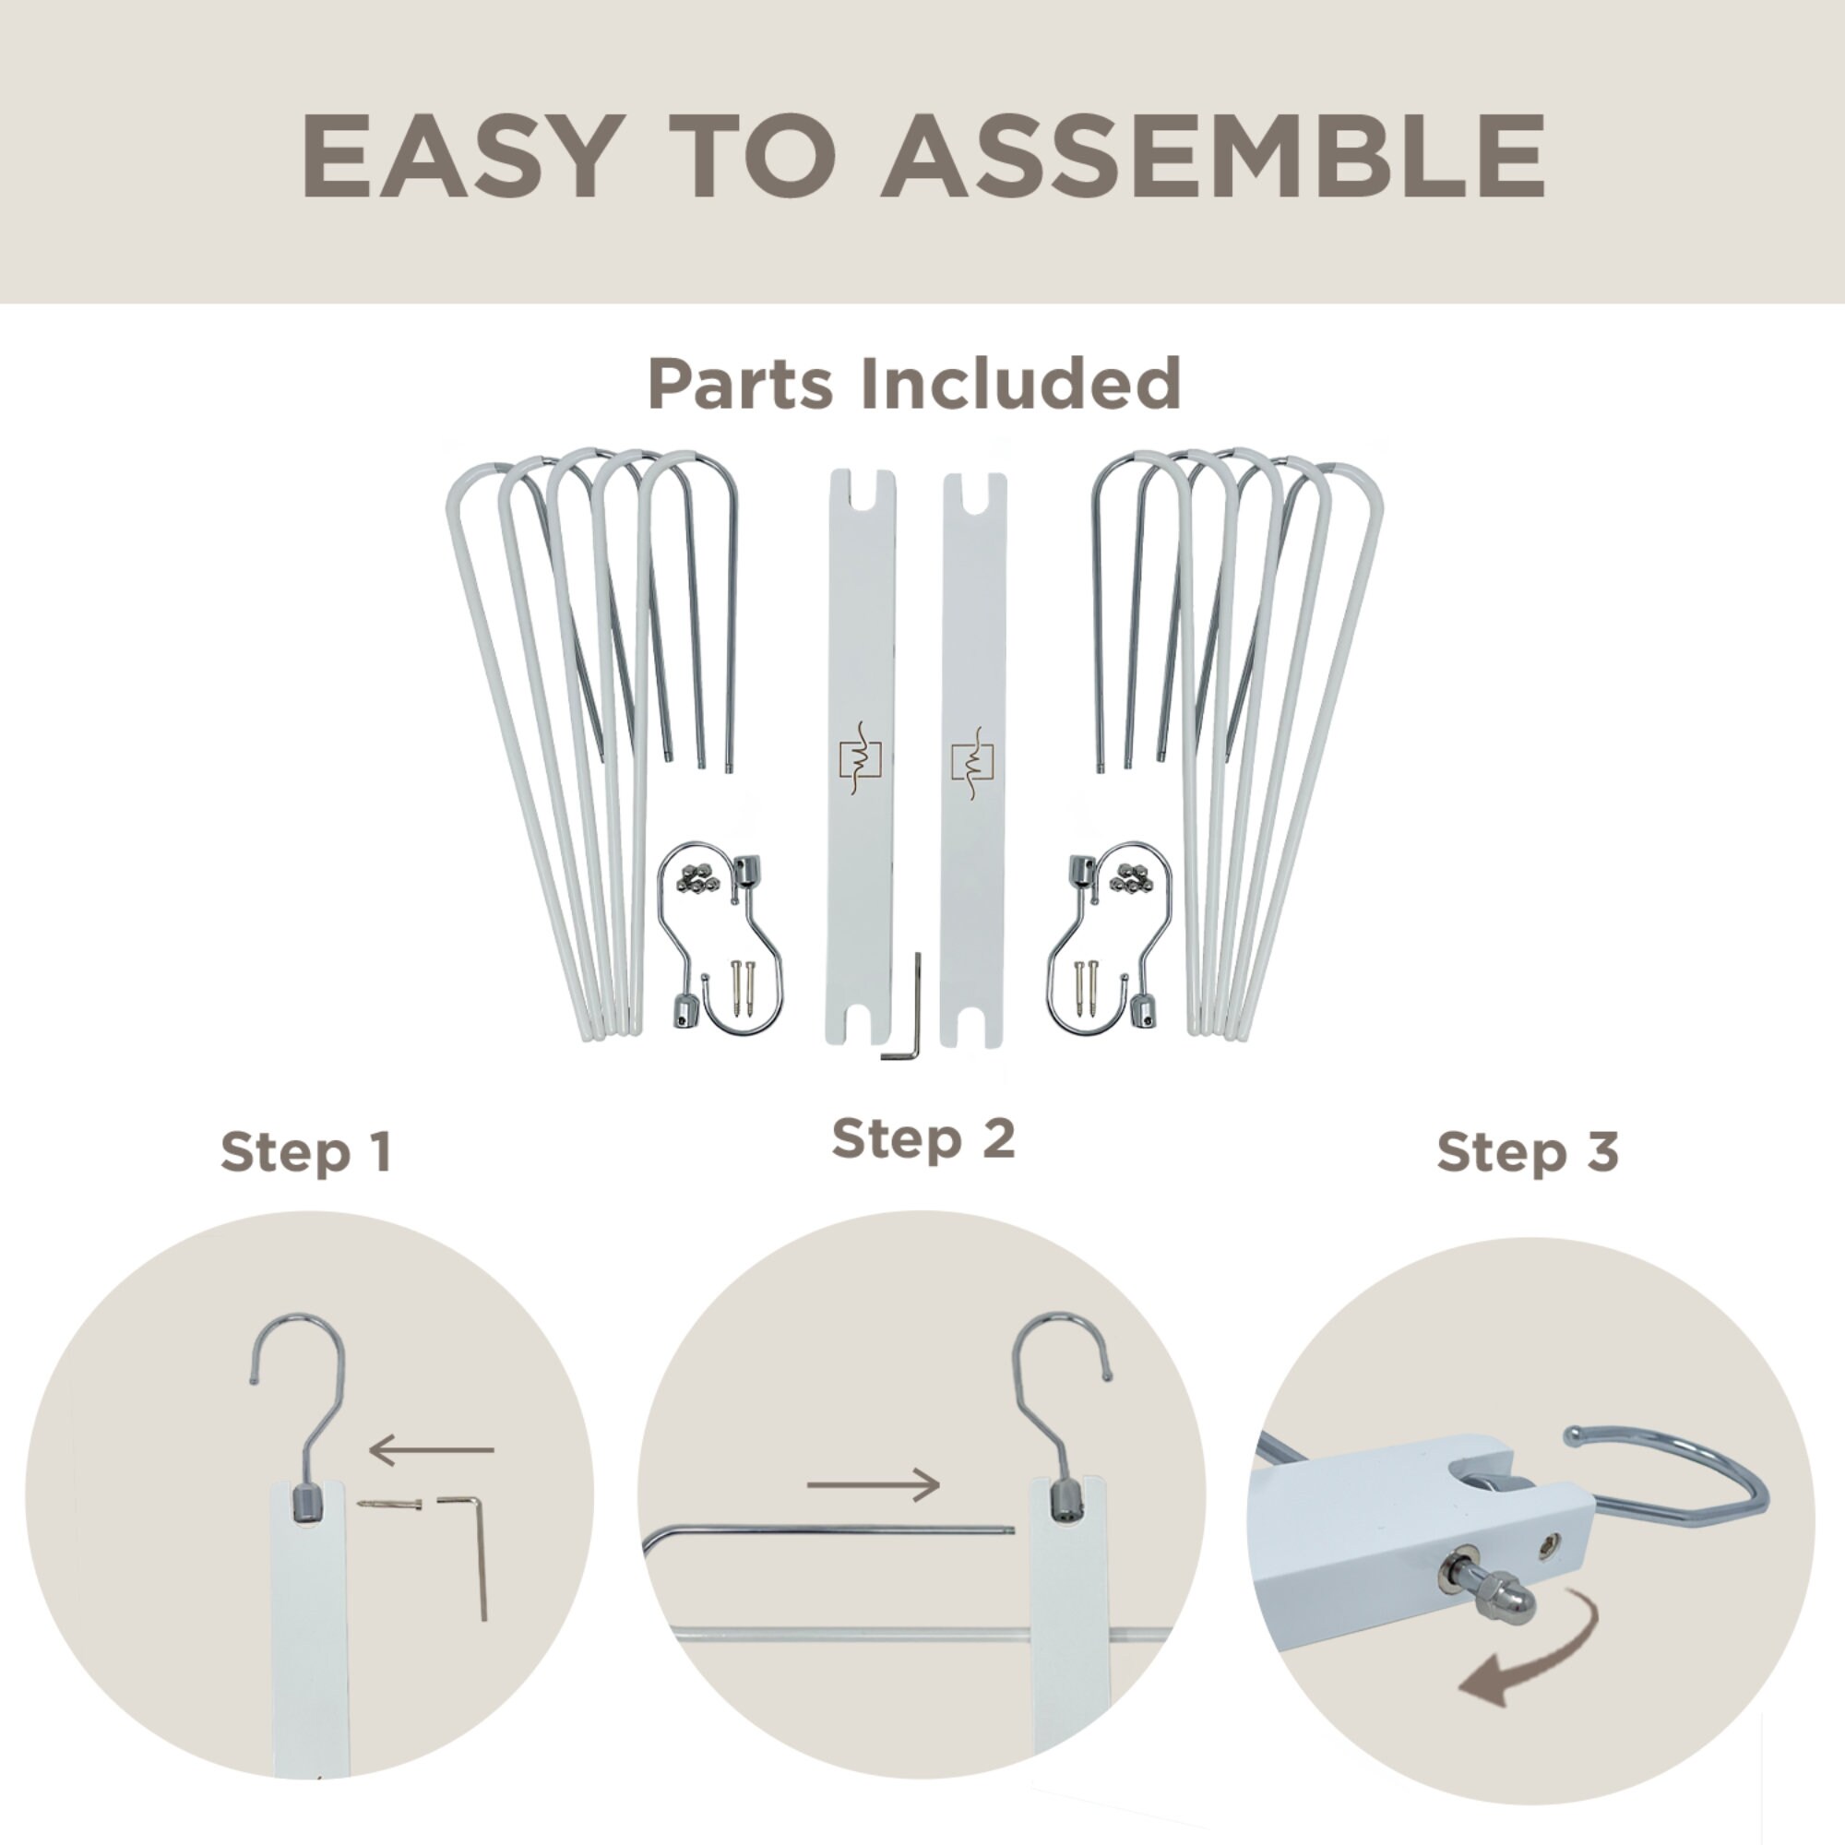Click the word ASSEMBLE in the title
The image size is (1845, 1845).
coord(1212,156)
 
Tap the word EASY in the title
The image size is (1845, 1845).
coord(458,156)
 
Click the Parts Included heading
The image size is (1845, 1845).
coord(915,384)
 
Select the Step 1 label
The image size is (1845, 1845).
coord(305,1151)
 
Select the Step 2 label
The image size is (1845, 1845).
coord(922,1138)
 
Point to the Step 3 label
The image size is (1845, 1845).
coord(1527,1151)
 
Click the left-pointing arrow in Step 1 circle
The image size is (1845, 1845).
coord(431,1449)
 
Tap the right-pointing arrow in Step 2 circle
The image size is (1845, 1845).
coord(873,1484)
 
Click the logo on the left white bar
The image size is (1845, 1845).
coord(860,760)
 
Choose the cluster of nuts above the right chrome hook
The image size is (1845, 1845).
coord(1132,876)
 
